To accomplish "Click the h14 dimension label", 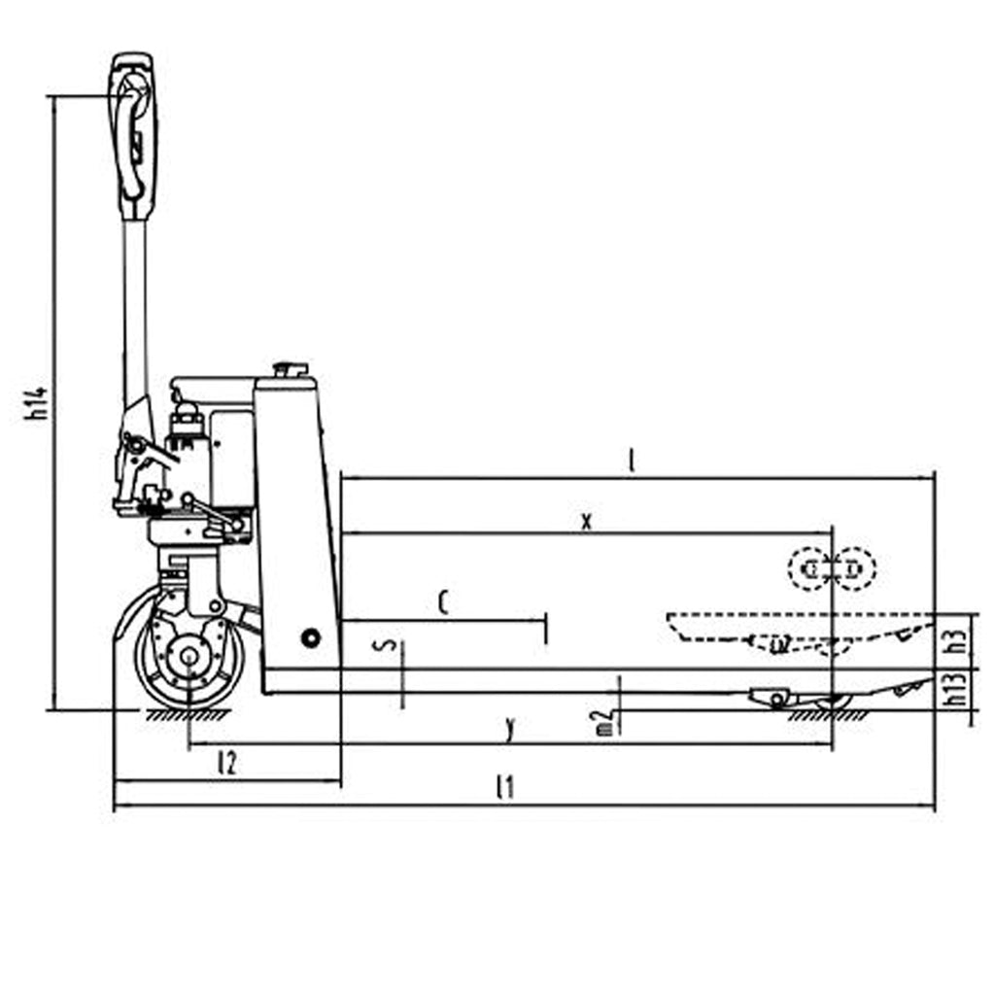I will coord(38,401).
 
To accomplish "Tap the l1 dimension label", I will coord(503,787).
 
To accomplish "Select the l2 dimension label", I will coord(226,763).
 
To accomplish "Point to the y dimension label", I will coord(509,728).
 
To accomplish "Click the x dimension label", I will coord(586,521).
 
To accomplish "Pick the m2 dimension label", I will coord(605,721).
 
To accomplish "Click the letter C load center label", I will coord(443,603).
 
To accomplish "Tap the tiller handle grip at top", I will coord(134,136).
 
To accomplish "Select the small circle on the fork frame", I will coord(310,638).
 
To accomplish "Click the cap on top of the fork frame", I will coord(291,369).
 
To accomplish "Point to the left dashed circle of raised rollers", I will coord(809,569).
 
